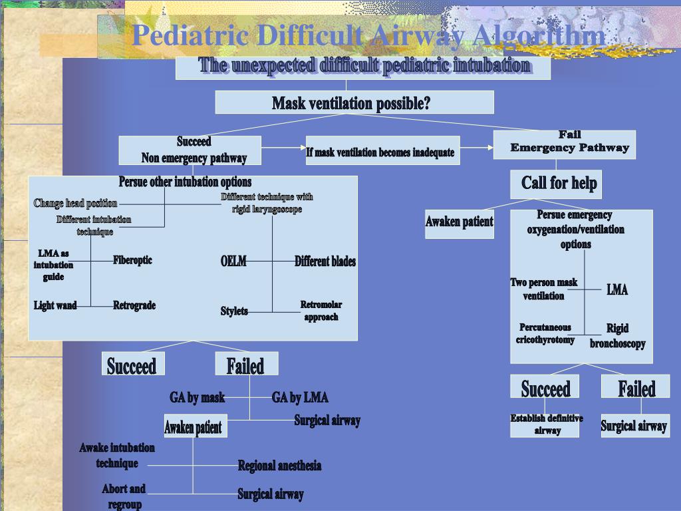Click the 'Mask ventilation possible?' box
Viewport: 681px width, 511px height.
[354, 102]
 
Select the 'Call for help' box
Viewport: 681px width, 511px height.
[556, 184]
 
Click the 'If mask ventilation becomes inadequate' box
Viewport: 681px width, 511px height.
[380, 152]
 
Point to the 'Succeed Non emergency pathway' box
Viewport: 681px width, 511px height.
[190, 150]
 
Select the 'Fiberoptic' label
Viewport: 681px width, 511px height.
[132, 260]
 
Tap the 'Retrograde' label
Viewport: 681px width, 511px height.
[134, 305]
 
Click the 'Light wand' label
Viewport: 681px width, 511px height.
[55, 305]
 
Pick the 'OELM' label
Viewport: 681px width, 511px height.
[233, 261]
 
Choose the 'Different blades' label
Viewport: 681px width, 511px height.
[325, 261]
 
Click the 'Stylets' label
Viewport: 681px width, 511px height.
[234, 311]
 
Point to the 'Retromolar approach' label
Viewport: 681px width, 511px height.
[321, 311]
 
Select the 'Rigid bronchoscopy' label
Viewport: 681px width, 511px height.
[617, 336]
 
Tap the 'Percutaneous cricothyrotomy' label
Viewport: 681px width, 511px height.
[545, 333]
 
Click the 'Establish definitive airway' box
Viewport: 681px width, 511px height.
[547, 425]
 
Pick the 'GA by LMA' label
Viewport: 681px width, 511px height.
[300, 398]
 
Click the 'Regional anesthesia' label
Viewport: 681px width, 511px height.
[279, 466]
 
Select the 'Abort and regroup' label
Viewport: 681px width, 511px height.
[124, 496]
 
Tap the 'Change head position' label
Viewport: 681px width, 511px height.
[76, 204]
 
